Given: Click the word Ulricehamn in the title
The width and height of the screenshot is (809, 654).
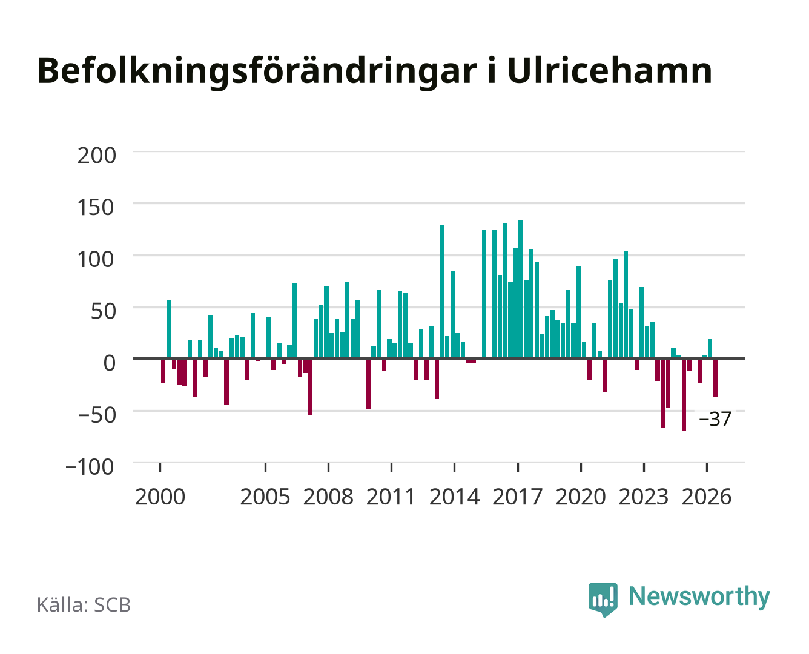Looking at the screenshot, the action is coord(609,71).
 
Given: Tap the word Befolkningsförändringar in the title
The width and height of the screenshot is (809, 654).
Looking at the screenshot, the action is coord(257,73).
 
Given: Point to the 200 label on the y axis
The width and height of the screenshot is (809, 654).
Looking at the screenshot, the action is coord(96,156).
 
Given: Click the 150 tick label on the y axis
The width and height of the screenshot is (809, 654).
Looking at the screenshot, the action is coord(95,208).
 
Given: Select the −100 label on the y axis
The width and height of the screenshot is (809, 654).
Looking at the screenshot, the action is coord(90,467).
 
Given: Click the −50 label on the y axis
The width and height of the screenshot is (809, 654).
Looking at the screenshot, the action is coord(97,415).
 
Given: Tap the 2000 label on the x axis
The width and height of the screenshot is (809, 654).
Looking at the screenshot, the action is coord(160,497).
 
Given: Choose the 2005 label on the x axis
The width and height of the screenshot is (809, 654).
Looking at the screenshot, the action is coord(265,497).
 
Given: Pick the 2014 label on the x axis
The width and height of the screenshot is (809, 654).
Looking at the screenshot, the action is coord(454,497).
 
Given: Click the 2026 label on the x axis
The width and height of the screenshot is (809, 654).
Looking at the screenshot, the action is coord(707,497).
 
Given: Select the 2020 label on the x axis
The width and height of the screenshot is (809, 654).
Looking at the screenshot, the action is coord(580,497).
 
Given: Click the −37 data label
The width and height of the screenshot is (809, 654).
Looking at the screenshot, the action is coord(715,419).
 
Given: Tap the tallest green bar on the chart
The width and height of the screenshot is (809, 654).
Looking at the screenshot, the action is coord(521,289).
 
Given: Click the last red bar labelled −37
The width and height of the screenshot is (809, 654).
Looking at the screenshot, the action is coord(715,378).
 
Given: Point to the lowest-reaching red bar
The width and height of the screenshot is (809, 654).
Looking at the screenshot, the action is coord(684,395).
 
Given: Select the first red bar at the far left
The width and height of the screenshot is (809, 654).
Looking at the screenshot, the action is coord(163,371).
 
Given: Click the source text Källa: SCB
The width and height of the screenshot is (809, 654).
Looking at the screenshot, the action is coord(84,605).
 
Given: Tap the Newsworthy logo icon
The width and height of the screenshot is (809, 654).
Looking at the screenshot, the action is coord(603,599).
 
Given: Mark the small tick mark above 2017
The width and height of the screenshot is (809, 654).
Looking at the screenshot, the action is coord(518,467).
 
